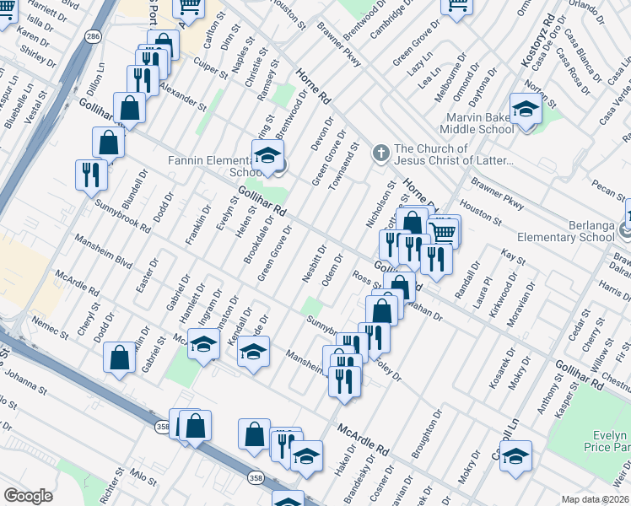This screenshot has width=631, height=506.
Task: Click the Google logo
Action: tap(28, 496)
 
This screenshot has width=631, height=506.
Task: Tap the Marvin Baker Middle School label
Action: tap(477, 123)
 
